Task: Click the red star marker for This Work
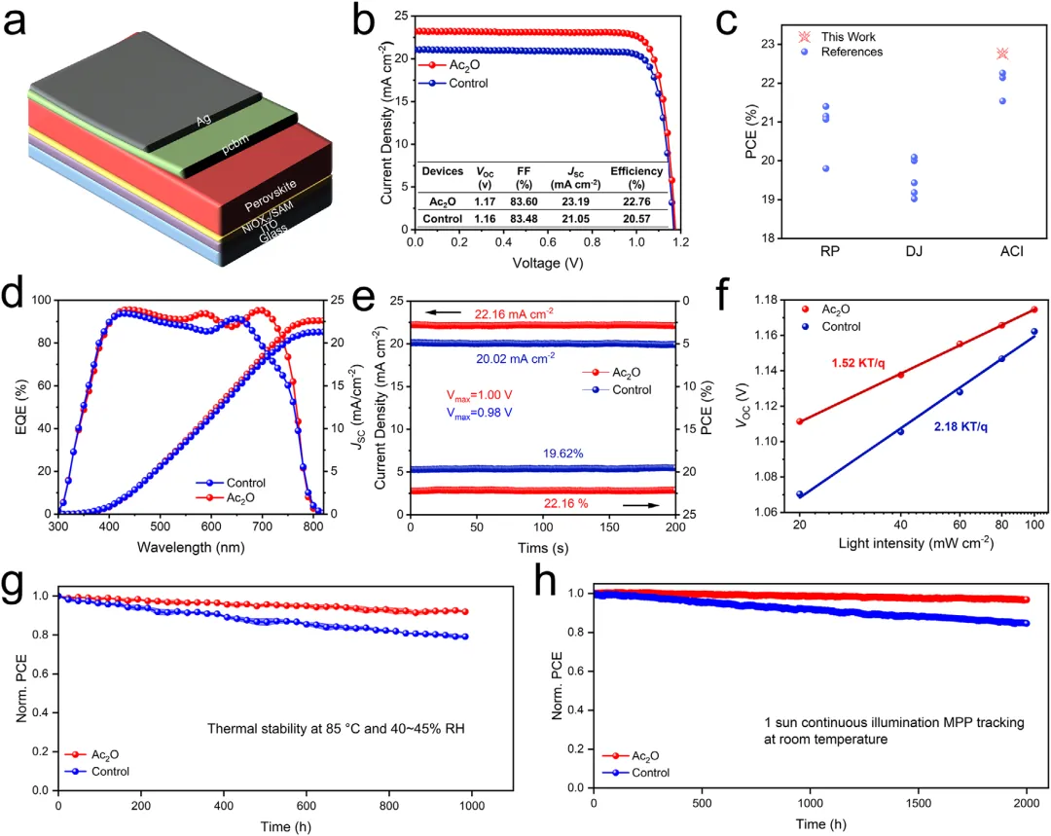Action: (x=1002, y=54)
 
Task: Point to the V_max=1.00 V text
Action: (x=478, y=397)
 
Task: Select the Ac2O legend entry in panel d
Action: (x=250, y=498)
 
